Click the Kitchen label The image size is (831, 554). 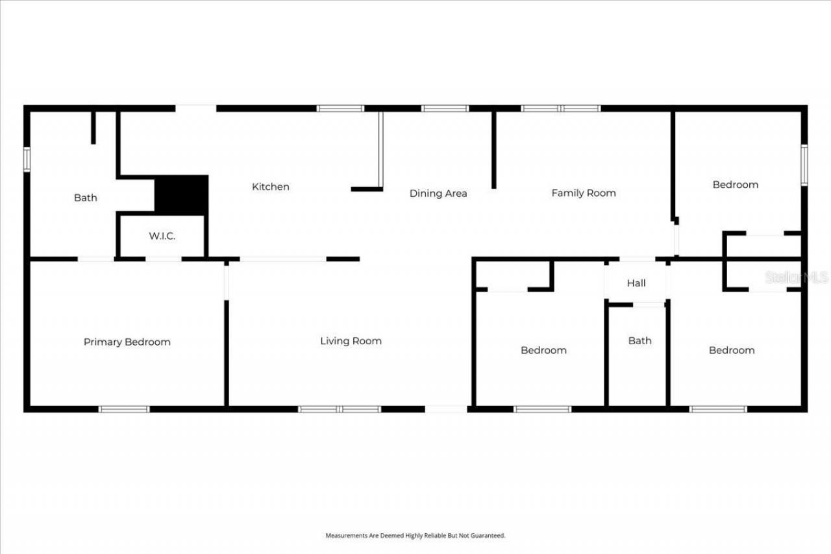point(271,187)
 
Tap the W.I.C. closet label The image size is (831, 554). point(162,236)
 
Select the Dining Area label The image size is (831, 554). point(438,194)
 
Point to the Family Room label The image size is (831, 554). point(584,193)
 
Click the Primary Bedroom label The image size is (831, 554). point(127,342)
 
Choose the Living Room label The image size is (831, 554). point(351,341)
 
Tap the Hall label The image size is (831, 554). point(636,283)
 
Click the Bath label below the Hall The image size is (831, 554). point(639,340)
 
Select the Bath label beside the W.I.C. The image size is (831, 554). point(85,197)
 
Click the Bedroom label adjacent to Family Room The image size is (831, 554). point(735,184)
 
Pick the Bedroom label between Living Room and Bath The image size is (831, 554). point(543,350)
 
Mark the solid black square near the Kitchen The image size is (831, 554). point(181,195)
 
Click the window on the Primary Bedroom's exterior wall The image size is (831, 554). point(124,409)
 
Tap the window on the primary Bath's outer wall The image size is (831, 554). point(27,160)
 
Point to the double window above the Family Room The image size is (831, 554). point(561,108)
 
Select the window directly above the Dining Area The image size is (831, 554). point(445,108)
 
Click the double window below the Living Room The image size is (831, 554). point(340,409)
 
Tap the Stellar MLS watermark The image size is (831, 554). point(796,278)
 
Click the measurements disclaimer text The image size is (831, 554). point(415,536)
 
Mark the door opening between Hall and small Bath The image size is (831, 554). point(649,305)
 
